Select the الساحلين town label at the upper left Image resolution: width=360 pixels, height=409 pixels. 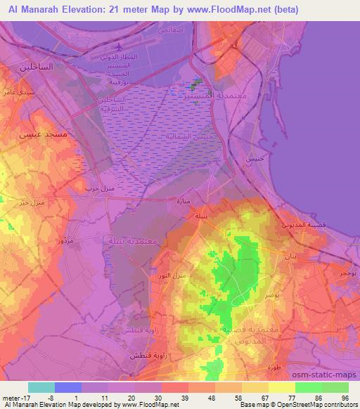[32, 67]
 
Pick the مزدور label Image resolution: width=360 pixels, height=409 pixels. [83, 241]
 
